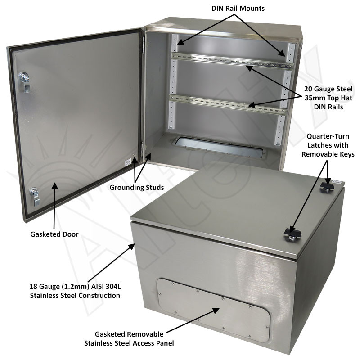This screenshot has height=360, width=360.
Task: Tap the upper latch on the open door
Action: (x=23, y=79)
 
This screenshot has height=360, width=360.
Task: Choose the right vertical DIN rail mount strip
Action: (x=283, y=90)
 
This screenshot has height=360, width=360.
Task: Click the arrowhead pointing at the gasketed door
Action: (x=54, y=184)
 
